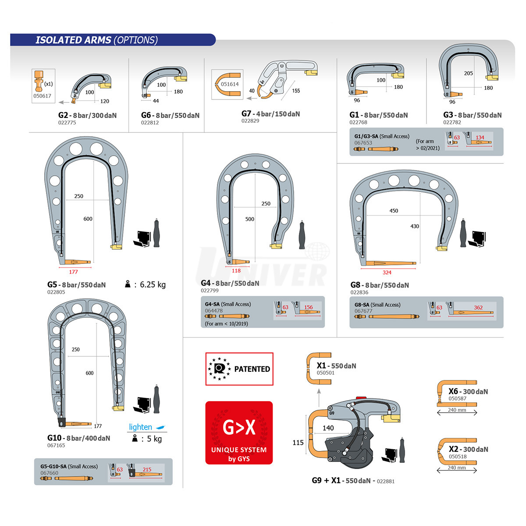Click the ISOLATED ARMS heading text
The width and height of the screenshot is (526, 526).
tap(73, 40)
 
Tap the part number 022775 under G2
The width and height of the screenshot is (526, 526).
tap(67, 123)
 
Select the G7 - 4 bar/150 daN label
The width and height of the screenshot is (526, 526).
tap(270, 114)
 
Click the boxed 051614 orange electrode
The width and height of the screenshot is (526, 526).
tap(227, 84)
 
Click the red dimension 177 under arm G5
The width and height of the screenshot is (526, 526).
tap(73, 272)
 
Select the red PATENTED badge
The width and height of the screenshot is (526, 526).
tap(239, 369)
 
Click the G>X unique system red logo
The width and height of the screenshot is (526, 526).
tap(239, 433)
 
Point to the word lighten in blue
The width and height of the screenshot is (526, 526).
tap(140, 427)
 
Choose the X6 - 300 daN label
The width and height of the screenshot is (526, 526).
tap(468, 391)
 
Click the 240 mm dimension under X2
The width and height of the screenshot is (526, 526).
tap(457, 468)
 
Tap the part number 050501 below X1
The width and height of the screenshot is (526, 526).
tap(325, 373)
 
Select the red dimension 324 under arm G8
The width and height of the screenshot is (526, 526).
tap(387, 272)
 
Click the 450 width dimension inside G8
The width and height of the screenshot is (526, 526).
tap(394, 211)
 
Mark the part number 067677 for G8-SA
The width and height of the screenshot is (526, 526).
tap(363, 311)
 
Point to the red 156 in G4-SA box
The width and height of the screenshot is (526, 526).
tap(309, 307)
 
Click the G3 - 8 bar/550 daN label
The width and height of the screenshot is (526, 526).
tap(472, 115)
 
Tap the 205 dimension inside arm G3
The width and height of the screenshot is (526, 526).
tap(469, 73)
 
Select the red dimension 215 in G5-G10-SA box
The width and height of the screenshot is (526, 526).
tap(147, 469)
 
